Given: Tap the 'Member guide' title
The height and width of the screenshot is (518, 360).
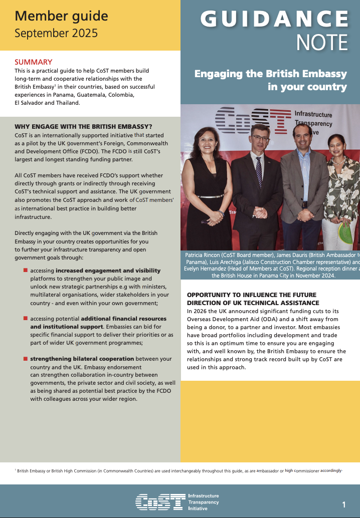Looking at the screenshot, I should tap(61, 16).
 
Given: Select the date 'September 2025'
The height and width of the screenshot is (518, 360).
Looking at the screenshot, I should tap(56, 34).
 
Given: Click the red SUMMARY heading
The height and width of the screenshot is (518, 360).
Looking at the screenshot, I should tap(34, 62).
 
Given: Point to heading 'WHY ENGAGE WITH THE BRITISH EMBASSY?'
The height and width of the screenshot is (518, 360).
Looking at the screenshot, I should tap(83, 126).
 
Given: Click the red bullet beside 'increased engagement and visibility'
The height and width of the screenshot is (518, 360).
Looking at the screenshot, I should tap(25, 270).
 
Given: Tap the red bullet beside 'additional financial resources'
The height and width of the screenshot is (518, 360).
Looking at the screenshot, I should tap(25, 318).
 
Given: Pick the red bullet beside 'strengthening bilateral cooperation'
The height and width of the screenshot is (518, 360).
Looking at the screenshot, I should tap(25, 358).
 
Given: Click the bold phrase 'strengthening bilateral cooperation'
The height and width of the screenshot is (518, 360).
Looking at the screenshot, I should tap(82, 359).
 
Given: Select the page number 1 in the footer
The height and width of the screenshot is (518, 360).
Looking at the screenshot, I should tap(344, 504).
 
